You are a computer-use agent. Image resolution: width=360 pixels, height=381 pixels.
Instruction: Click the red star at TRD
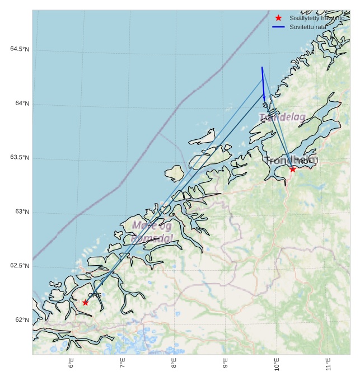click(x=292, y=169)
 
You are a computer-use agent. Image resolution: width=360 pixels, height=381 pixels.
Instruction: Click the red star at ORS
click(x=85, y=302)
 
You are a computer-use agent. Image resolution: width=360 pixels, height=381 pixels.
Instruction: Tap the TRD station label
click(x=301, y=162)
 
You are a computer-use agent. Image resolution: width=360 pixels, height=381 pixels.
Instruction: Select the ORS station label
click(x=95, y=295)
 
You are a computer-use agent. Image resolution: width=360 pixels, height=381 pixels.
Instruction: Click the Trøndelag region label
click(x=282, y=117)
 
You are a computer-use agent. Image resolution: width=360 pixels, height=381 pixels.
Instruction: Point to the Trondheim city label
click(x=291, y=161)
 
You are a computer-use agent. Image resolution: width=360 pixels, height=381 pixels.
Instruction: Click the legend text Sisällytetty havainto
click(x=317, y=18)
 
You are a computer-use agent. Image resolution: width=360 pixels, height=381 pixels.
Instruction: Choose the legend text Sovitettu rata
click(x=307, y=27)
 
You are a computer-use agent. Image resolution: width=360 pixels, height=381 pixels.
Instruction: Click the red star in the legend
click(x=278, y=18)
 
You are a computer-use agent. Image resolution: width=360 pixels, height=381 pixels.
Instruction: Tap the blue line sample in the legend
click(x=278, y=27)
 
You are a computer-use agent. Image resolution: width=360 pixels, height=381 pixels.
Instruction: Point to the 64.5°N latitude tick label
click(x=20, y=49)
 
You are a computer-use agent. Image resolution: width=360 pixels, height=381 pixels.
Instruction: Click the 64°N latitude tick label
click(x=22, y=104)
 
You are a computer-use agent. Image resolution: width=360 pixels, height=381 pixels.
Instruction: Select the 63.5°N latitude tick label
click(x=20, y=158)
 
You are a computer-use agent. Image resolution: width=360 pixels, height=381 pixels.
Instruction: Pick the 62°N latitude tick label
click(x=22, y=320)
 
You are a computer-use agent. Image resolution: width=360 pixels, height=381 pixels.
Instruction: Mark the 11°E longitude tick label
click(x=329, y=364)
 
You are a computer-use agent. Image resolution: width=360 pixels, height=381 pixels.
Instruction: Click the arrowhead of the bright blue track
click(x=265, y=98)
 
